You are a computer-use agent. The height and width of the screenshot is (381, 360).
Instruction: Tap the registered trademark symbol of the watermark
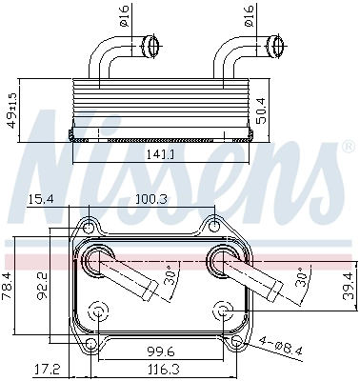pos(347,148)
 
